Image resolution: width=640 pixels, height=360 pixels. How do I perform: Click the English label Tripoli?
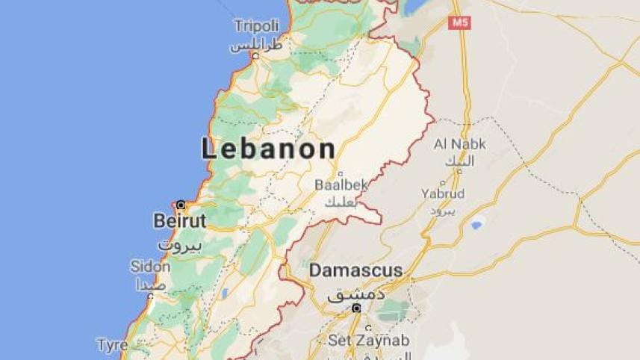256,26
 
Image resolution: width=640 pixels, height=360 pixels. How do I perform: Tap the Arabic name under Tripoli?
256,45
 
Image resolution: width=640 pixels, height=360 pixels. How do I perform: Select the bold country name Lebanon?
268,149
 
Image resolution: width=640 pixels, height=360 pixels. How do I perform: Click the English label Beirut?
179,221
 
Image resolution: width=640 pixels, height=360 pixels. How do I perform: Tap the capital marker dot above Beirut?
181,204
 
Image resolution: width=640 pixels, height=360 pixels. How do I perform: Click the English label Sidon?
150,267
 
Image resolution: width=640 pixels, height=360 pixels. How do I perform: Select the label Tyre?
112,345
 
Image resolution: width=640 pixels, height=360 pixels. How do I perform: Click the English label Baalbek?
341,184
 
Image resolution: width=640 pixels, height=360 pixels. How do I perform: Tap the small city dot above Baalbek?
341,173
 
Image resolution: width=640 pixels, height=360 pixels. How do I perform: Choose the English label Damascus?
356,270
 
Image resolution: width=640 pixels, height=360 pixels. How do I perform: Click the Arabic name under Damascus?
356,294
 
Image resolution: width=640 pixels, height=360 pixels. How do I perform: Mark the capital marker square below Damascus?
356,308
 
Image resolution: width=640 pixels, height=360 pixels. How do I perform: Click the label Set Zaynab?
369,341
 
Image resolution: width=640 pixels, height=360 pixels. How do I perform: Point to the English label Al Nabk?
459,144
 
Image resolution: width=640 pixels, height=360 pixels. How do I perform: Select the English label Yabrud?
442,194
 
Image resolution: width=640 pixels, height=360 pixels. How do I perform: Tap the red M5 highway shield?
459,23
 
